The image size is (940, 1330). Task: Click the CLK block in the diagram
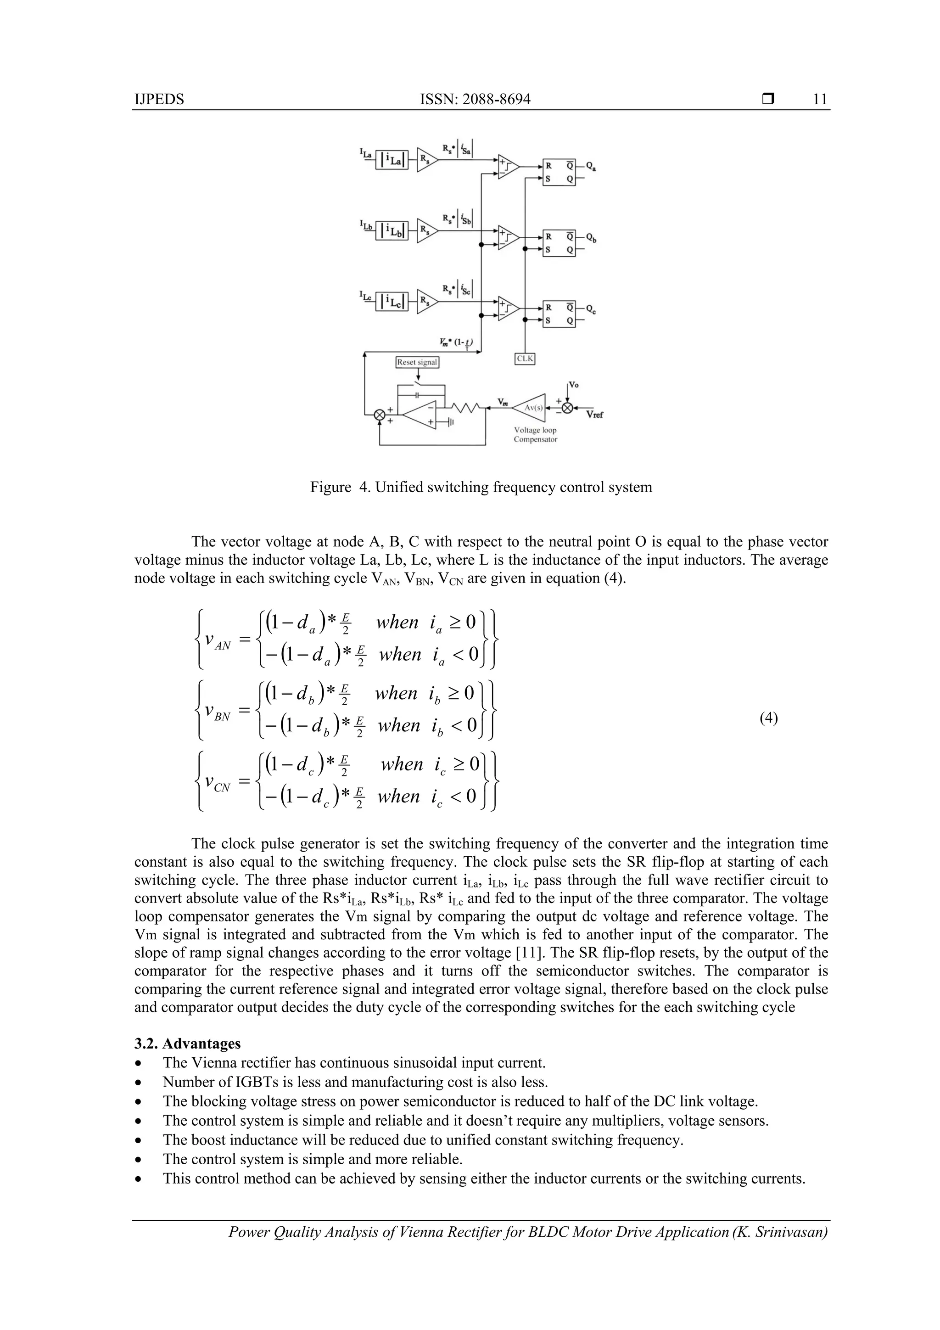525,359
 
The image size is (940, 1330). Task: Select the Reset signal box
417,362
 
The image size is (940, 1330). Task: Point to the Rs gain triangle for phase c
427,301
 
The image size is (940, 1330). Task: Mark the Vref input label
594,415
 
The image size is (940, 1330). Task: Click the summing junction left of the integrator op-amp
380,414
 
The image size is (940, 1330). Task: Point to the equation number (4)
768,718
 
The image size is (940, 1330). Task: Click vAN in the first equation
218,642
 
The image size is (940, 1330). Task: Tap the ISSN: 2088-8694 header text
475,99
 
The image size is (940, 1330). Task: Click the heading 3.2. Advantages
187,1043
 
